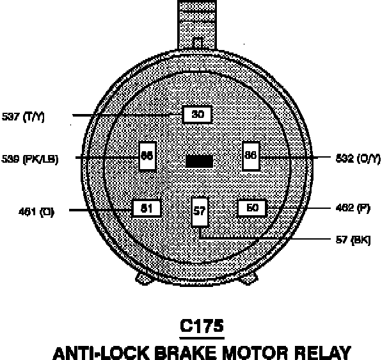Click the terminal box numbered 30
[198, 115]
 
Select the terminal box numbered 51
[146, 209]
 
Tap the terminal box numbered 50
[252, 208]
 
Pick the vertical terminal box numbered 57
[200, 211]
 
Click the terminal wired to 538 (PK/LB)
[147, 155]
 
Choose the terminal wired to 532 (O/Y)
[251, 156]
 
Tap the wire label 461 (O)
[36, 211]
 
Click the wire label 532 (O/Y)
[356, 158]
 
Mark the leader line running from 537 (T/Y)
[128, 115]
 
